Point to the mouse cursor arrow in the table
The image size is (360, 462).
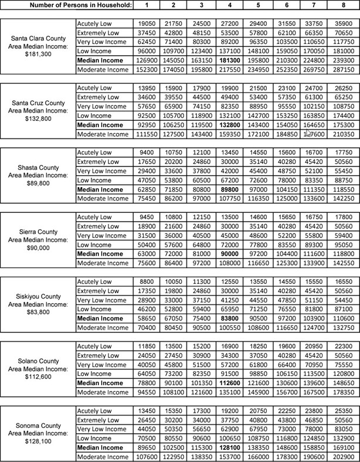(x=308, y=134)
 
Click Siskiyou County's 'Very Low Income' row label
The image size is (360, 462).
(x=103, y=298)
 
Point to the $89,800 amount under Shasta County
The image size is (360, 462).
(x=38, y=183)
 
